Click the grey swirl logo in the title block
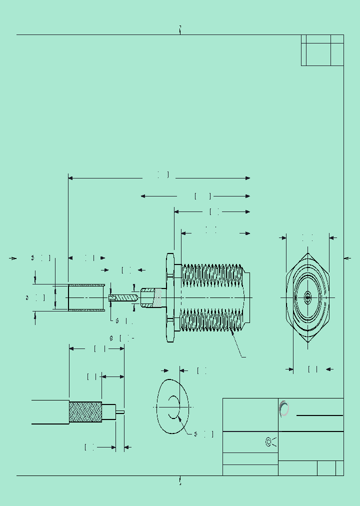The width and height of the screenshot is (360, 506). click(x=284, y=408)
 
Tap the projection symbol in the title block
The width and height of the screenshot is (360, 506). click(x=270, y=442)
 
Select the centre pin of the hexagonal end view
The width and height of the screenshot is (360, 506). click(x=307, y=298)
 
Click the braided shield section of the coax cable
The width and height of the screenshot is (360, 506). click(x=85, y=412)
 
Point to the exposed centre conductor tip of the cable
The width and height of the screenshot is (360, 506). click(x=120, y=412)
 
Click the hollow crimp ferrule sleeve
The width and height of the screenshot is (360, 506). click(x=86, y=297)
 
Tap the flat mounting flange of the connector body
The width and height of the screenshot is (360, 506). click(x=169, y=298)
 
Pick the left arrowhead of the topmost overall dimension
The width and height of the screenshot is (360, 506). click(x=70, y=178)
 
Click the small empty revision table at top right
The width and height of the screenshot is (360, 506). click(x=322, y=50)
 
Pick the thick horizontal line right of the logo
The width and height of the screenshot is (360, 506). click(x=319, y=415)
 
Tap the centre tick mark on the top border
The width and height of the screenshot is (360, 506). click(x=180, y=30)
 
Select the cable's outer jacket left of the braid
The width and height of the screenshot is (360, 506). click(x=50, y=412)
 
